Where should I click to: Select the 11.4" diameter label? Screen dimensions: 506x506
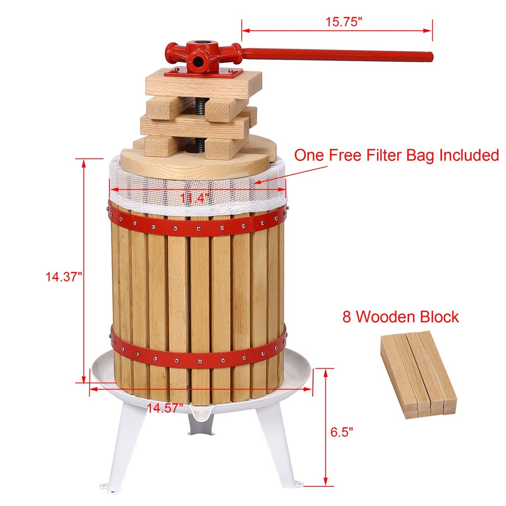click(x=194, y=198)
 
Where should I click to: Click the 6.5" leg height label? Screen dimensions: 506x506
click(x=342, y=431)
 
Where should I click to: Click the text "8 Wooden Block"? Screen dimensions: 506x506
click(x=400, y=317)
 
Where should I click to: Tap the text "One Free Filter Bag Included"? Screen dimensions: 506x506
click(x=396, y=155)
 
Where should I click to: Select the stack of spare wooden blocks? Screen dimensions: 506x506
click(x=418, y=374)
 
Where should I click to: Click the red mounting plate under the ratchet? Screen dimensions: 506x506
click(x=204, y=73)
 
